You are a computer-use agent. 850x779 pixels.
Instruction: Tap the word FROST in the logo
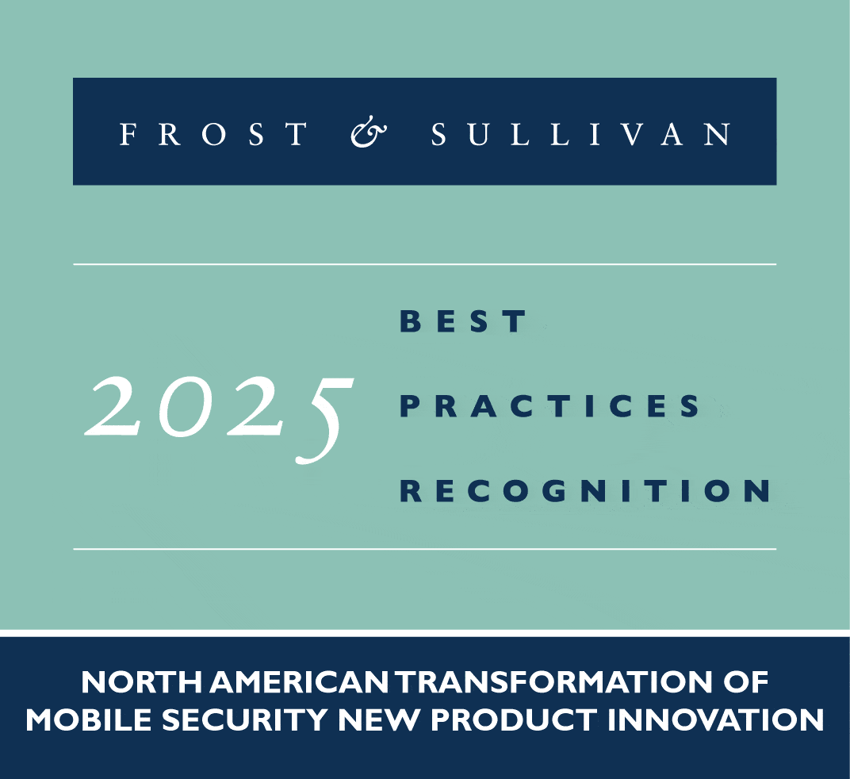[x=213, y=134]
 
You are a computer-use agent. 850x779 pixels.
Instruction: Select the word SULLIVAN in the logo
[x=580, y=134]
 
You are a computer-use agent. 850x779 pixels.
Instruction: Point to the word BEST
[x=463, y=320]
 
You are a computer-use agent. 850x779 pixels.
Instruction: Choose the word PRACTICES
[x=549, y=406]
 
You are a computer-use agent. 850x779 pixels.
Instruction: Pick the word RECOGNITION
[x=585, y=490]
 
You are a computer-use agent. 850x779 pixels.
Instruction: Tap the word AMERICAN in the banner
[x=299, y=682]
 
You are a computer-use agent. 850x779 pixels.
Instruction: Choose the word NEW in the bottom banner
[x=380, y=720]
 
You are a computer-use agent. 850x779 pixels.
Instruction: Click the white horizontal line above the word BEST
[x=424, y=265]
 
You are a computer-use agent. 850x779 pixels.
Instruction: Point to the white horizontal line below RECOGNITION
[x=424, y=549]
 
